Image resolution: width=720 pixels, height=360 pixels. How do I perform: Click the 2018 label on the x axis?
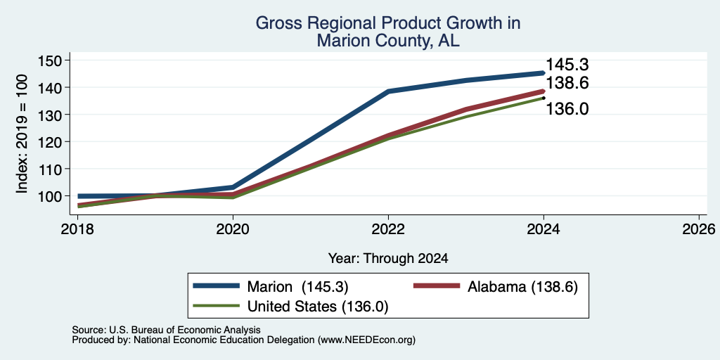77,229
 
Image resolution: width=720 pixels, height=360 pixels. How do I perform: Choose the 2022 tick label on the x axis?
388,229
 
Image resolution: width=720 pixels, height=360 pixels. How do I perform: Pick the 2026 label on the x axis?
699,229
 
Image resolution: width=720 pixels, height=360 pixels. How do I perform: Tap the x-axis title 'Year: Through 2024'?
388,259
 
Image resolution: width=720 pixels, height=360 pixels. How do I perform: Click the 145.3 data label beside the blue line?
567,65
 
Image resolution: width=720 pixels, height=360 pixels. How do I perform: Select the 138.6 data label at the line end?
567,83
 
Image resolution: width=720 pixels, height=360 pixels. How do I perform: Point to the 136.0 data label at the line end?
567,109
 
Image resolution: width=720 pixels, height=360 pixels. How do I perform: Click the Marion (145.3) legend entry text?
297,287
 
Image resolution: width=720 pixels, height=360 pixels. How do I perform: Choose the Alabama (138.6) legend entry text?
522,287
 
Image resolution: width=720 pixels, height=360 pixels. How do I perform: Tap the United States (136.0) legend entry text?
318,307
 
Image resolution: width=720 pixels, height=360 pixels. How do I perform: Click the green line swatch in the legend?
216,306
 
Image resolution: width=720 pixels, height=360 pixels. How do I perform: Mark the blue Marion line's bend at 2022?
388,91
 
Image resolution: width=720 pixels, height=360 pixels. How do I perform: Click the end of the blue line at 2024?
544,72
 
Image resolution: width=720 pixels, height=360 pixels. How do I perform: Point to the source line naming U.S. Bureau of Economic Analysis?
166,330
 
